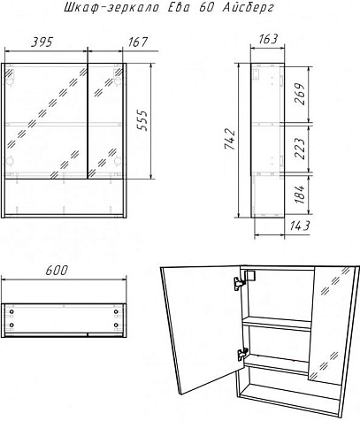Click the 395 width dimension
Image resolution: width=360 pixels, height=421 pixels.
tap(42, 42)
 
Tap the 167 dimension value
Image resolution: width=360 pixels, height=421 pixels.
tap(137, 42)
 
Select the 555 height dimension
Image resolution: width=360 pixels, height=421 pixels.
tap(142, 120)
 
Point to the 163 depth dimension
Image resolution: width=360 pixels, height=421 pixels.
tap(268, 39)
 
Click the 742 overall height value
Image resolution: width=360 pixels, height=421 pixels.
tap(230, 139)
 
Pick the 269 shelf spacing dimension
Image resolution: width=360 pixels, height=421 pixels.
tap(300, 94)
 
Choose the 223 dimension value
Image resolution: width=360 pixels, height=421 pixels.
tap(300, 149)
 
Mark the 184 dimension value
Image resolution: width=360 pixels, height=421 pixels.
tap(300, 195)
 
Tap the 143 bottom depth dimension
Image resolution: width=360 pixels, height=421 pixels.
tap(299, 226)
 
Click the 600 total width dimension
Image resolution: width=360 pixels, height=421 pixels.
tap(57, 271)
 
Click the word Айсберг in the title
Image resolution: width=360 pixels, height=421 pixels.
tap(248, 8)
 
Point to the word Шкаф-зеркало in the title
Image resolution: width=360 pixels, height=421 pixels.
tap(111, 8)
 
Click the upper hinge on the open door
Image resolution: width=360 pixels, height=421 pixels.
tap(241, 282)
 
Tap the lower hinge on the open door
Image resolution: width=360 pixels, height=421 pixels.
tap(242, 354)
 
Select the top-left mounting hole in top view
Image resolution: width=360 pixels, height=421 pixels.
tap(11, 312)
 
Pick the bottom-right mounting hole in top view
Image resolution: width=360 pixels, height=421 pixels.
tap(116, 325)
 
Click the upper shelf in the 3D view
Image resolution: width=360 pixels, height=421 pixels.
tap(277, 323)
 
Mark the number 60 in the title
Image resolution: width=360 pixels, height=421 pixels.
tap(206, 7)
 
